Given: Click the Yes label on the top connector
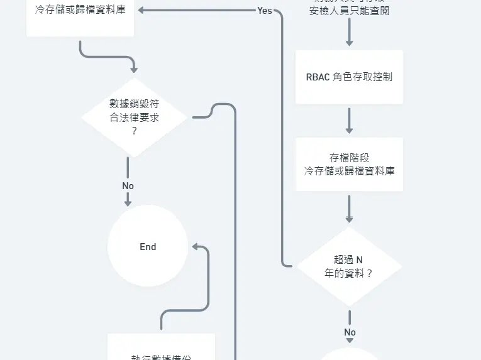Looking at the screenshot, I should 265,11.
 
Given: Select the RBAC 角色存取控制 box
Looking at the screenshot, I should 349,77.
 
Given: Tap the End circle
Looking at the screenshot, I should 148,246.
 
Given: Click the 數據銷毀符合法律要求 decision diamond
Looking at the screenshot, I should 135,117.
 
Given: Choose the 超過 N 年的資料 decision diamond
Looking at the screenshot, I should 349,266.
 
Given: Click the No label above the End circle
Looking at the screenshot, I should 128,186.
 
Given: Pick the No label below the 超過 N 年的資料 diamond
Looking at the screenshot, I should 350,332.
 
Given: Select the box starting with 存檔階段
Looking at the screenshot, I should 349,164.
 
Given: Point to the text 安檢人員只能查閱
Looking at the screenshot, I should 349,11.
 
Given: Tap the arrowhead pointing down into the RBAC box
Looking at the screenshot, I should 349,43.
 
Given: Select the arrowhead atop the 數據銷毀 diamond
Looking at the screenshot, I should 134,70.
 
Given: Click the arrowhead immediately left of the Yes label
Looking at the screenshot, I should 142,10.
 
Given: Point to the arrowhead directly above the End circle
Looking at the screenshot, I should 128,202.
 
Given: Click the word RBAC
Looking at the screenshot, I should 317,77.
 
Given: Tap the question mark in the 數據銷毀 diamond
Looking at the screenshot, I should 134,131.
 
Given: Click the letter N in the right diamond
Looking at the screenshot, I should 359,259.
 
